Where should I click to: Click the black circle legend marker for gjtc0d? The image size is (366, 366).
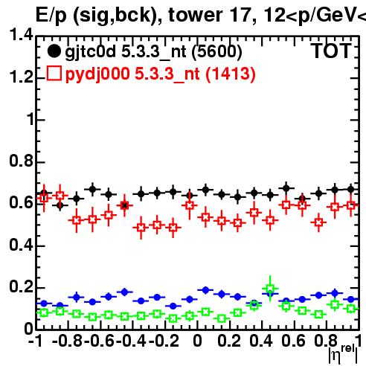[54, 51]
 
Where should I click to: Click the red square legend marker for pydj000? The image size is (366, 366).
[54, 73]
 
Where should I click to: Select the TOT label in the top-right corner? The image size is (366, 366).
[331, 51]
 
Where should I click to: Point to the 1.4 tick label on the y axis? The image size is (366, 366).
[21, 34]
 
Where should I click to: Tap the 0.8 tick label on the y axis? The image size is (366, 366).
[21, 161]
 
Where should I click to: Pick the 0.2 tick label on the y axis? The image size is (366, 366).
[21, 286]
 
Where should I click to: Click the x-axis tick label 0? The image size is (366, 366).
[197, 341]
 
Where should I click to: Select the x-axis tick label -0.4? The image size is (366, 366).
[132, 341]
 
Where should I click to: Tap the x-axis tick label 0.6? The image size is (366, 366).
[293, 341]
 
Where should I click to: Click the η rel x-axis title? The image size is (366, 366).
[343, 354]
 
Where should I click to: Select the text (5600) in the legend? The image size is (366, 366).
[216, 52]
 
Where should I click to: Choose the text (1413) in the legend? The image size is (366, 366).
[231, 74]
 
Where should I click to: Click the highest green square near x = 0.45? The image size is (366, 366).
[270, 288]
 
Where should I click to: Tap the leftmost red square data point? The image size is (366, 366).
[44, 198]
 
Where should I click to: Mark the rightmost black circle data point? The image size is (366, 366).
[350, 190]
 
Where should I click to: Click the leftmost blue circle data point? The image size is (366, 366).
[44, 303]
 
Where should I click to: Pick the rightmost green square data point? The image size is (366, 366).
[350, 309]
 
